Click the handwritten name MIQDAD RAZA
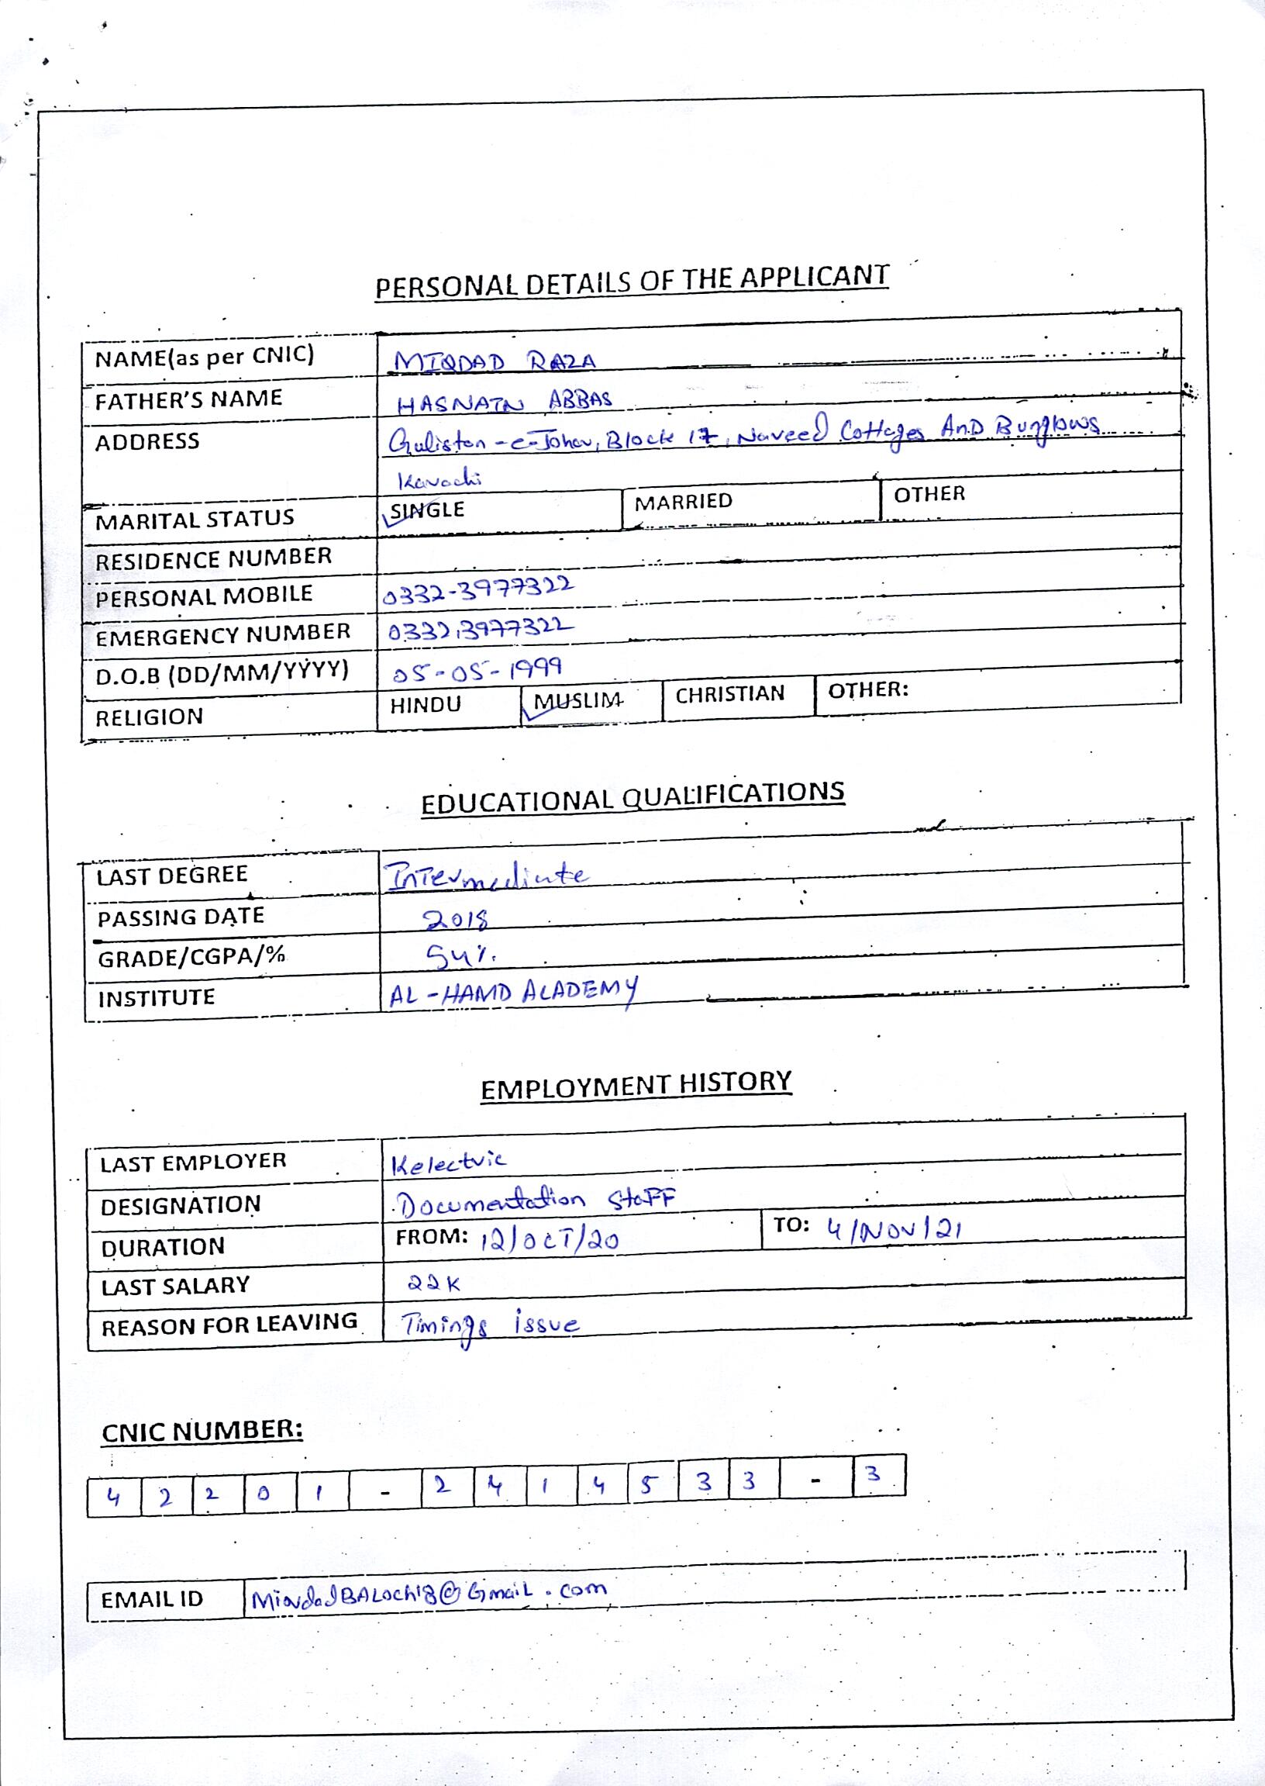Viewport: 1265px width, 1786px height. (494, 361)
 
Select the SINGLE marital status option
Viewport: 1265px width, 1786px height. (426, 510)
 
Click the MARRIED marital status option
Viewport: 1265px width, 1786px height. (683, 501)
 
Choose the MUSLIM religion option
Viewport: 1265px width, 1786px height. (577, 700)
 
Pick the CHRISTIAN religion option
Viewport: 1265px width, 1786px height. (729, 694)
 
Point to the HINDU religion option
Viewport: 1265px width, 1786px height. (426, 704)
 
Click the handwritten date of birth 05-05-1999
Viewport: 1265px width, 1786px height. (477, 669)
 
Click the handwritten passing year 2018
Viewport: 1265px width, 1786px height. (456, 920)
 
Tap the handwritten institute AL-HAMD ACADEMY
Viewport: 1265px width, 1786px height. (512, 993)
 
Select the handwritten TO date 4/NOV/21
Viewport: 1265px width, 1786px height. (894, 1230)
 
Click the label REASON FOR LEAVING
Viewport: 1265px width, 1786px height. (229, 1325)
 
